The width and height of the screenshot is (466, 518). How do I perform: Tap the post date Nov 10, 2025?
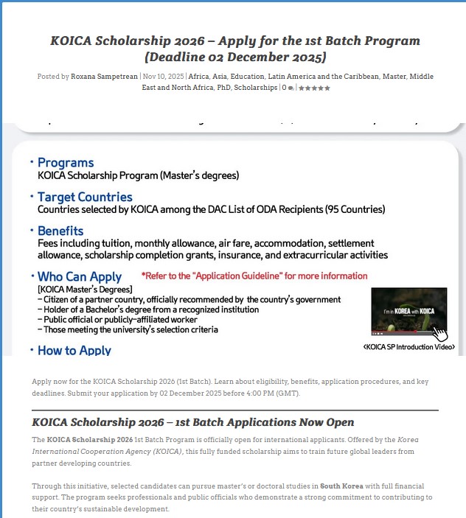click(164, 77)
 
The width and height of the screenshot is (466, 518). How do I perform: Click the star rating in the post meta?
click(314, 88)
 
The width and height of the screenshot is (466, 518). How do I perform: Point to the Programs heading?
click(66, 163)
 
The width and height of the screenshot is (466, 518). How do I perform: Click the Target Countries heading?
click(85, 197)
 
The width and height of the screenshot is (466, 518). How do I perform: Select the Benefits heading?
click(60, 231)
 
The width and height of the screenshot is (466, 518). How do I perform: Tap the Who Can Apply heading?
click(80, 277)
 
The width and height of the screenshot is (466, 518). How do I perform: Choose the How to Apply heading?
click(74, 350)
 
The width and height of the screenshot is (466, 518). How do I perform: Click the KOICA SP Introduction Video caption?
click(408, 346)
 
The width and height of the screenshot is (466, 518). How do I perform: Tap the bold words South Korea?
click(339, 486)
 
